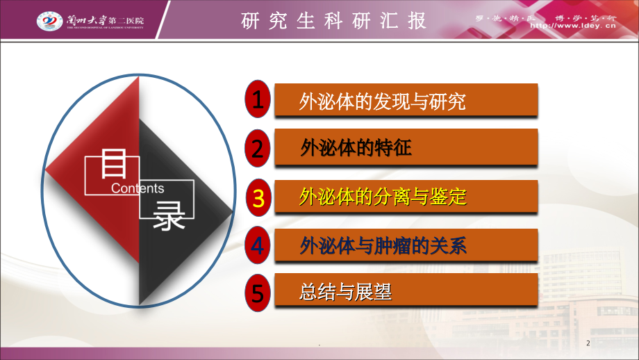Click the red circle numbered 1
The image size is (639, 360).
click(258, 100)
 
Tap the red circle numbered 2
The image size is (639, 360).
click(258, 148)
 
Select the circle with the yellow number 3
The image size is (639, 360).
click(258, 197)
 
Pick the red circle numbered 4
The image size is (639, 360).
click(258, 245)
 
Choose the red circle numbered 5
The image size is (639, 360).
click(258, 293)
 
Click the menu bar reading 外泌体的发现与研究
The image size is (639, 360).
click(406, 101)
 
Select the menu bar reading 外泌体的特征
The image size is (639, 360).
click(406, 147)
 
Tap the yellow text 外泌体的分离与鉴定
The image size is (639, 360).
click(382, 198)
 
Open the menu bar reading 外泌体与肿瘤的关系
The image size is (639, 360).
click(406, 245)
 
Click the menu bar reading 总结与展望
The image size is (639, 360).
click(406, 291)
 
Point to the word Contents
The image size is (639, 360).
click(138, 188)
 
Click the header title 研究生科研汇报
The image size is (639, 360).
click(334, 22)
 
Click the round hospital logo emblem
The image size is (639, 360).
click(48, 22)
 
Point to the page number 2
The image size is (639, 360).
click(588, 344)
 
